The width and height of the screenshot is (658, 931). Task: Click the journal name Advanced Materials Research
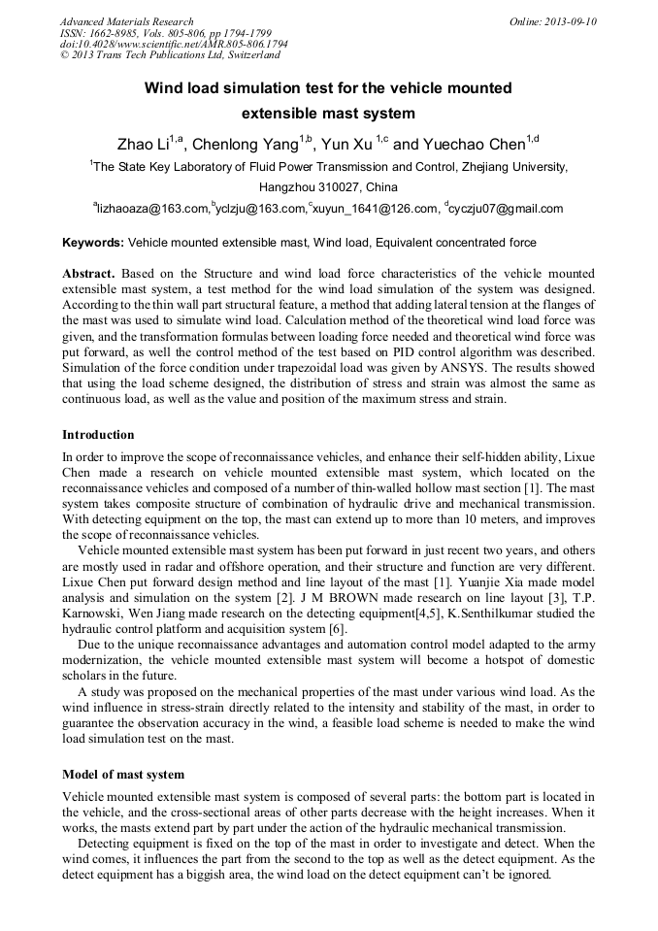[126, 21]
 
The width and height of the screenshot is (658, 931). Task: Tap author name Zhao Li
[142, 146]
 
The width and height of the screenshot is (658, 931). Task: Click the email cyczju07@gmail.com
[506, 209]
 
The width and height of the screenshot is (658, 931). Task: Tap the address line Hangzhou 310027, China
[328, 187]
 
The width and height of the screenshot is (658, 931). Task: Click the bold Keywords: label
[93, 243]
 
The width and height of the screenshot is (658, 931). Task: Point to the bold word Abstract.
[88, 275]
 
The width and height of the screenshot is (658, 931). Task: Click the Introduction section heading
[98, 434]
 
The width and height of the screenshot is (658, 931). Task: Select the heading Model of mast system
[123, 775]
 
